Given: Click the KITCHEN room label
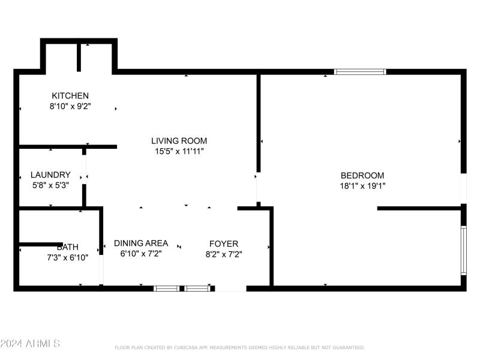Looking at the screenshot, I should pyautogui.click(x=70, y=96).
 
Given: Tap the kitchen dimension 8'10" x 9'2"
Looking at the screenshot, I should pyautogui.click(x=70, y=106).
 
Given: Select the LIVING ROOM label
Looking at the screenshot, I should pyautogui.click(x=179, y=141).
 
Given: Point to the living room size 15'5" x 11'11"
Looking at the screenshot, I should pyautogui.click(x=179, y=151).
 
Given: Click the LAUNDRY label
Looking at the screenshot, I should pyautogui.click(x=50, y=175).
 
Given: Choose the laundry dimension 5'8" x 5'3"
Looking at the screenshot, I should pyautogui.click(x=50, y=185).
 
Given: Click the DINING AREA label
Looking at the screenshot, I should pyautogui.click(x=141, y=244).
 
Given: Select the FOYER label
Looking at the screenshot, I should pyautogui.click(x=223, y=244).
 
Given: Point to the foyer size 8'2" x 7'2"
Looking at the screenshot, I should pyautogui.click(x=223, y=254).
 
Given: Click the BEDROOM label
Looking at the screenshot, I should pyautogui.click(x=362, y=175).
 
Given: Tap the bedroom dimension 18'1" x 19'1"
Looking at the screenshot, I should pyautogui.click(x=362, y=185).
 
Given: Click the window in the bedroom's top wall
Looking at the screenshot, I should pyautogui.click(x=360, y=71).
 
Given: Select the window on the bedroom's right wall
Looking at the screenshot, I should pyautogui.click(x=463, y=250).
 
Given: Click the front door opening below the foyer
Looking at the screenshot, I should pyautogui.click(x=230, y=289).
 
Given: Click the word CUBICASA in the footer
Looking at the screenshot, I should pyautogui.click(x=187, y=347).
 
